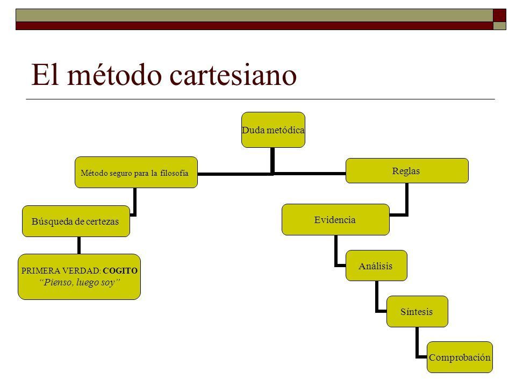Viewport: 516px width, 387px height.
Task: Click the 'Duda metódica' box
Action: click(273, 130)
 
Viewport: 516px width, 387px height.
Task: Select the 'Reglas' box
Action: click(407, 170)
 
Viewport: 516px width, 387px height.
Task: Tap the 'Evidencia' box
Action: click(335, 219)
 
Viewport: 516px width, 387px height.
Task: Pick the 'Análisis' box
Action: click(376, 266)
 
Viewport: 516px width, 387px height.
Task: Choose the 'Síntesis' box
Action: click(417, 311)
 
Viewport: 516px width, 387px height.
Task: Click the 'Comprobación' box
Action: click(460, 357)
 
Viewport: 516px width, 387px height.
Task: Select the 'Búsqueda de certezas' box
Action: click(76, 221)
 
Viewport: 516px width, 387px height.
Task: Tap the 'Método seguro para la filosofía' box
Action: click(136, 173)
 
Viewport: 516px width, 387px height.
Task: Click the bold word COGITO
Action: click(120, 271)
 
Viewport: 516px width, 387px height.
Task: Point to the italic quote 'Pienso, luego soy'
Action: click(80, 282)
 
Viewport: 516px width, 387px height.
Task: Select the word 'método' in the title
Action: click(114, 74)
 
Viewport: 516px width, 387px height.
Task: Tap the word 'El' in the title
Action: click(45, 74)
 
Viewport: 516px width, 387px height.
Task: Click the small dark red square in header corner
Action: click(499, 16)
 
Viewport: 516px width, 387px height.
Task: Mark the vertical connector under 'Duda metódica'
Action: click(273, 160)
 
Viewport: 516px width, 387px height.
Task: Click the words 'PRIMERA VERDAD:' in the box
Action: click(61, 271)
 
